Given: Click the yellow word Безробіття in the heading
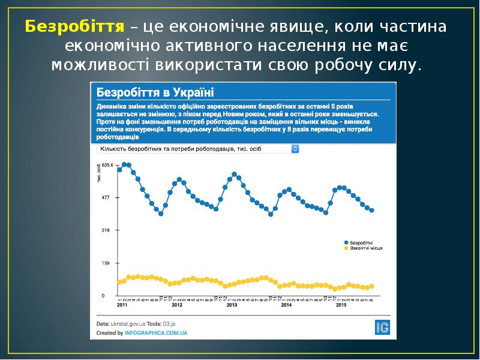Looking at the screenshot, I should (75, 27).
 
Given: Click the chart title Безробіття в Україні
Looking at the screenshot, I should (155, 92).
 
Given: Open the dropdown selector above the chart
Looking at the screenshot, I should (198, 149).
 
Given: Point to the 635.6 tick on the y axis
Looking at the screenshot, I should (106, 165).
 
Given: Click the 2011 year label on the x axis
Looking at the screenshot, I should (122, 305).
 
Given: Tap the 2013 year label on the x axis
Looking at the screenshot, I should (232, 305).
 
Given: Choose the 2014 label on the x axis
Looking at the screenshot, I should (287, 305).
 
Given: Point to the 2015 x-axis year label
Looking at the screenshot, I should (341, 305).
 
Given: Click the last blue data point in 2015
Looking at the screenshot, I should (372, 211).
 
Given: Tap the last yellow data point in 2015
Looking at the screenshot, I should (372, 286).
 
